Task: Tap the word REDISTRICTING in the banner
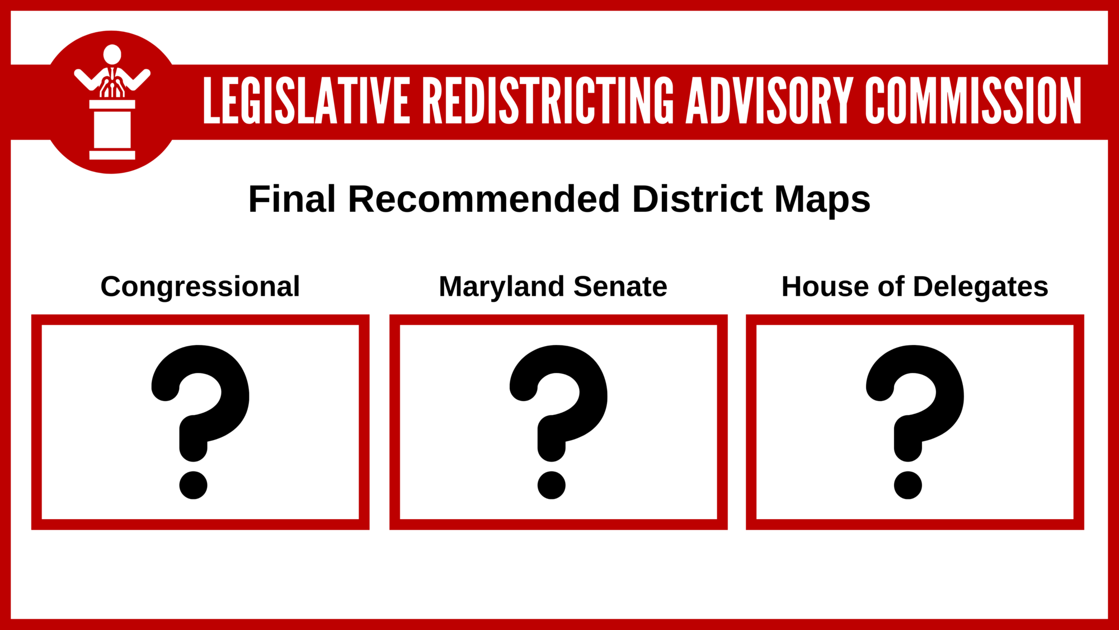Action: point(548,100)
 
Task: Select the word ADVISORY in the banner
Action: point(770,100)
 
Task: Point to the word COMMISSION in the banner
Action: point(974,100)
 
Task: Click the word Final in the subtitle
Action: point(292,199)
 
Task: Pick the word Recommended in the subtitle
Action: point(484,199)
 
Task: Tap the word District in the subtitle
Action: point(698,199)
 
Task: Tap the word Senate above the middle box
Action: point(620,287)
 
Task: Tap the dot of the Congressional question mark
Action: point(194,485)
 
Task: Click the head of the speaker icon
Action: point(112,54)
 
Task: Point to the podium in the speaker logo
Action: point(112,129)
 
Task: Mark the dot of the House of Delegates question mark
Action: point(908,485)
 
